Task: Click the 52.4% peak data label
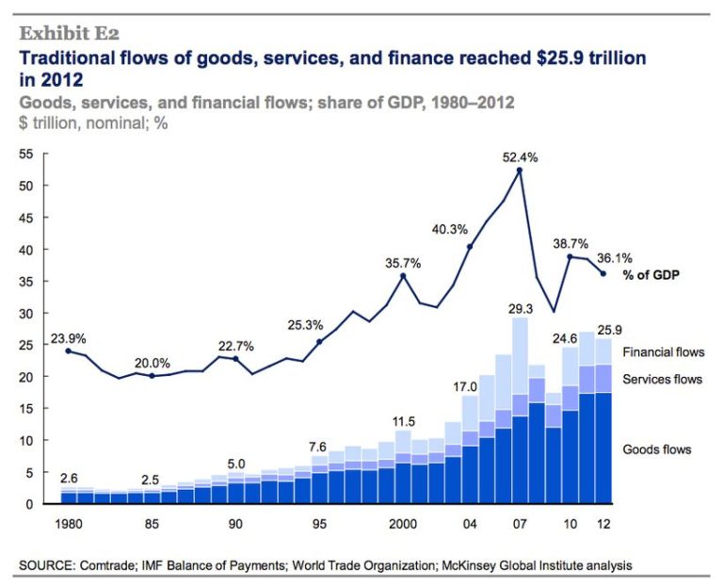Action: point(519,158)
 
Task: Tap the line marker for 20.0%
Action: point(152,375)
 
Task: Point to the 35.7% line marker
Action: point(403,276)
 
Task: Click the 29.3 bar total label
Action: point(519,307)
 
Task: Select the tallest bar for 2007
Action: point(519,411)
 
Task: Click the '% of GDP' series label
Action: point(651,275)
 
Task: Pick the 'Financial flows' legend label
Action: point(663,352)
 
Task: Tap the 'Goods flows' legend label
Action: point(657,449)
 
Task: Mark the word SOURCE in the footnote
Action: point(47,565)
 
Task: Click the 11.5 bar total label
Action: point(403,420)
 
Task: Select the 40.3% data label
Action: point(450,229)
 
